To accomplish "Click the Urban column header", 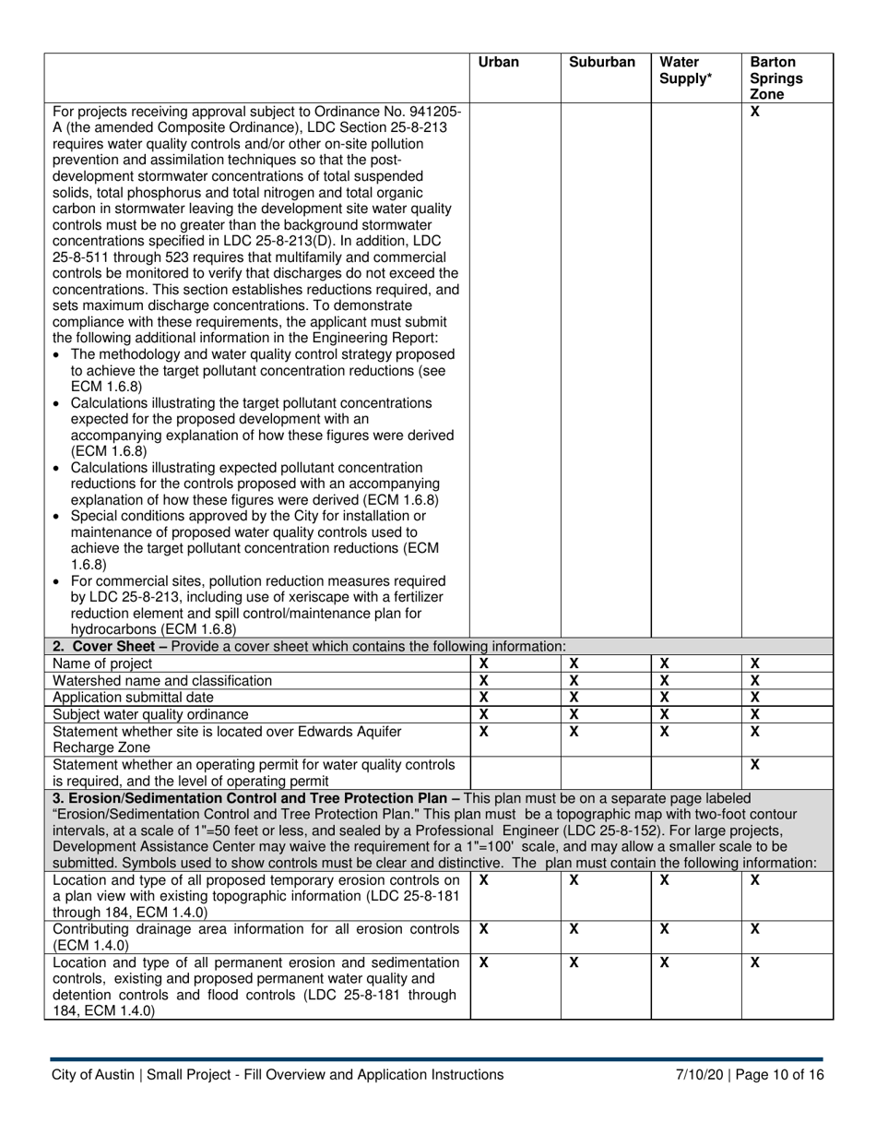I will pyautogui.click(x=498, y=63).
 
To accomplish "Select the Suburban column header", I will pyautogui.click(x=601, y=63).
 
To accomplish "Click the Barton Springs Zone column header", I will pyautogui.click(x=775, y=78).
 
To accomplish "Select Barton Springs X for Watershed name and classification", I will pyautogui.click(x=755, y=680).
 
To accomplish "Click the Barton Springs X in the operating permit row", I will pyautogui.click(x=755, y=765).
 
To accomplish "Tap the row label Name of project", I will pyautogui.click(x=102, y=663).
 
